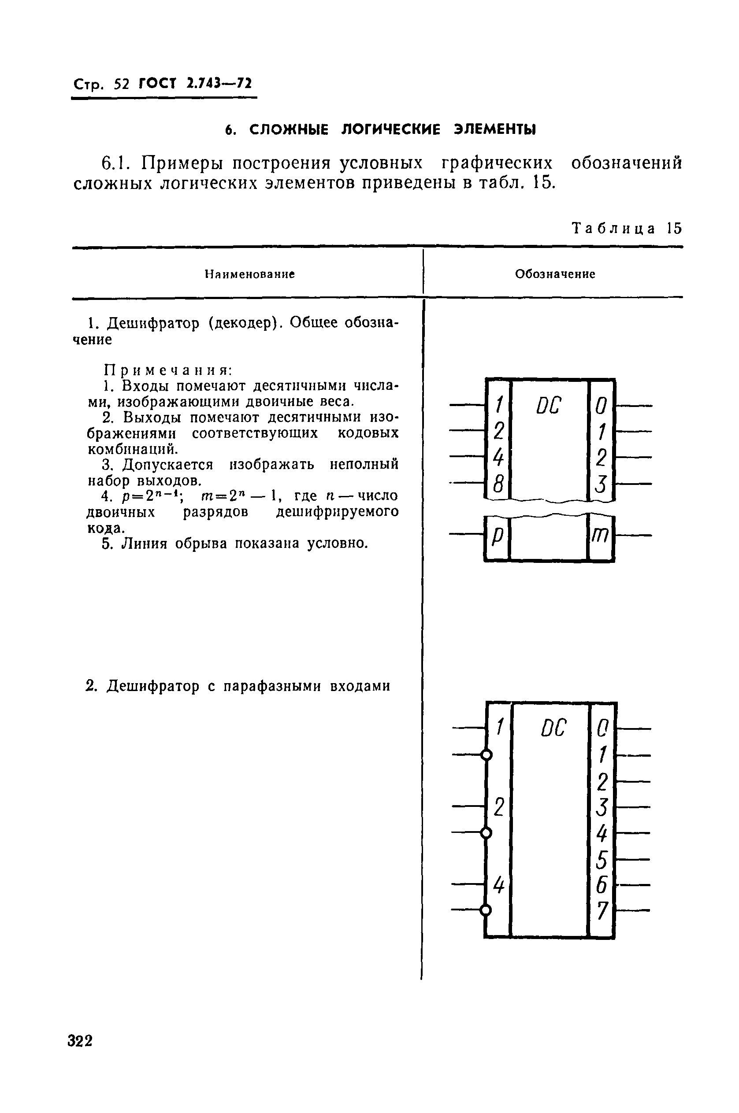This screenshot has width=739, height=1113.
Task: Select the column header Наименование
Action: (249, 274)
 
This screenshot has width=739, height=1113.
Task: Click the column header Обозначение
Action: (555, 274)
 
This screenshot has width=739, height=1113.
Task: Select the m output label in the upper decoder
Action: (601, 536)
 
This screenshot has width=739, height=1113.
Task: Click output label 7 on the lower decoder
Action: (602, 911)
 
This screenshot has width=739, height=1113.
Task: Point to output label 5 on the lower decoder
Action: (602, 859)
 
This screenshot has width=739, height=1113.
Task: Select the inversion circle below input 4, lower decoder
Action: (486, 910)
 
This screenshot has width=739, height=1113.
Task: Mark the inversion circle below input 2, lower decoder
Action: (486, 832)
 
